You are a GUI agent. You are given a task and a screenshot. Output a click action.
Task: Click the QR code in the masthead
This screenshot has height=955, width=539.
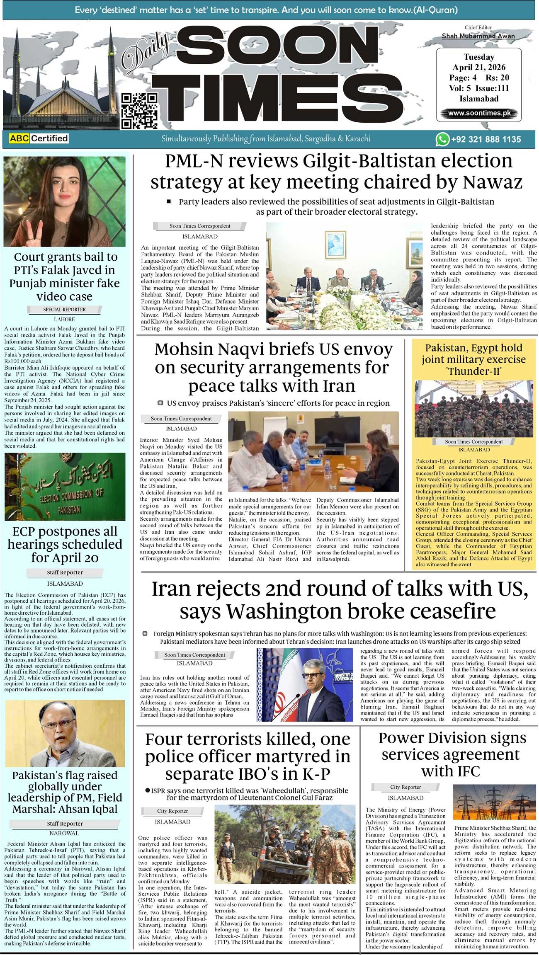(139, 111)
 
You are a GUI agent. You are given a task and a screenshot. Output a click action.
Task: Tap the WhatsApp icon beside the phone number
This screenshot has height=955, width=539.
(442, 139)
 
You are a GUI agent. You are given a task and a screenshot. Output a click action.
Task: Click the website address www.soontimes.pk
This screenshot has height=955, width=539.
(479, 113)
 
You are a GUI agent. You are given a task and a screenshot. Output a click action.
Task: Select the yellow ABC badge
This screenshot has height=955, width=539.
(19, 138)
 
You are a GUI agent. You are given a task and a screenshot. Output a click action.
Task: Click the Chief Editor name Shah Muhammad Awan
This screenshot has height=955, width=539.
(478, 36)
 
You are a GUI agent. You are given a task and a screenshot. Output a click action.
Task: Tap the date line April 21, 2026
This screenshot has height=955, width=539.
(479, 67)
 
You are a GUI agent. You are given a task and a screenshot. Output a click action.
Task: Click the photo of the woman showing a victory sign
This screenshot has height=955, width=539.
(64, 201)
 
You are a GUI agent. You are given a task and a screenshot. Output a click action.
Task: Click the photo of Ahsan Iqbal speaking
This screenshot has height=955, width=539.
(64, 733)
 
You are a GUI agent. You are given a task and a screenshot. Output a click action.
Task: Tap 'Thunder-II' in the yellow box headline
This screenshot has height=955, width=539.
(474, 371)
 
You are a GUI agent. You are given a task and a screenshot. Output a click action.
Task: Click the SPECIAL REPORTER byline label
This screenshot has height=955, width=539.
(64, 310)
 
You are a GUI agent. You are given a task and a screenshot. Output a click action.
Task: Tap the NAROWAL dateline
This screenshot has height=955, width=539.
(64, 833)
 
